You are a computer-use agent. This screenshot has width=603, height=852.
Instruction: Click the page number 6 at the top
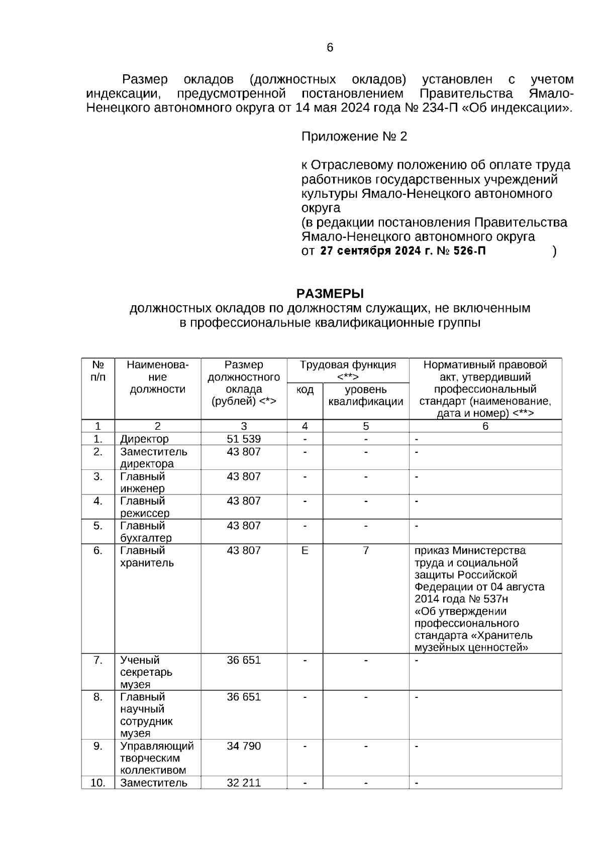click(x=330, y=48)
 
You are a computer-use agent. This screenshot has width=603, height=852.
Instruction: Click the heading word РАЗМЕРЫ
click(x=330, y=293)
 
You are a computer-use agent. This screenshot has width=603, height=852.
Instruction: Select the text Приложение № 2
click(x=354, y=137)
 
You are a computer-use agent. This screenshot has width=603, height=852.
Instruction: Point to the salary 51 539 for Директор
click(x=244, y=439)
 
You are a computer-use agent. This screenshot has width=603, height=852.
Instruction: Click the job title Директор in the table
click(x=144, y=439)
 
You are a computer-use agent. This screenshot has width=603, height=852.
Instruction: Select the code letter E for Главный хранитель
click(x=305, y=551)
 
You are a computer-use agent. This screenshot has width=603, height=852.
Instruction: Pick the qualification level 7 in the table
click(x=366, y=551)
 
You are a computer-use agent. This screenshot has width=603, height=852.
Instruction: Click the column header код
click(x=305, y=390)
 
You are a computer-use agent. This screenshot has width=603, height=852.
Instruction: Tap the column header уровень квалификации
click(x=366, y=396)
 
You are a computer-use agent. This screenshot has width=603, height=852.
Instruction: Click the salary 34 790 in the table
click(x=244, y=746)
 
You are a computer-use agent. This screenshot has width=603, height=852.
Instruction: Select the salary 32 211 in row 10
click(x=244, y=783)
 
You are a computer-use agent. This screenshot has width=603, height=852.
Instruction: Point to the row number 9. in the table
click(x=98, y=746)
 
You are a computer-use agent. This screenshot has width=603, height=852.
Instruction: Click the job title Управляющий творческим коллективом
click(x=157, y=758)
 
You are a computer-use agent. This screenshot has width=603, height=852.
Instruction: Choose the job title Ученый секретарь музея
click(x=146, y=672)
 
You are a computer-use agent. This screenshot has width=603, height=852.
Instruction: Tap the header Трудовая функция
click(x=348, y=365)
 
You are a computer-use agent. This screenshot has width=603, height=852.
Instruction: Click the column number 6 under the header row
click(x=485, y=426)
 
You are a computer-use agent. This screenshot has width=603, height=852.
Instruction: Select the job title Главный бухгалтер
click(x=146, y=532)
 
